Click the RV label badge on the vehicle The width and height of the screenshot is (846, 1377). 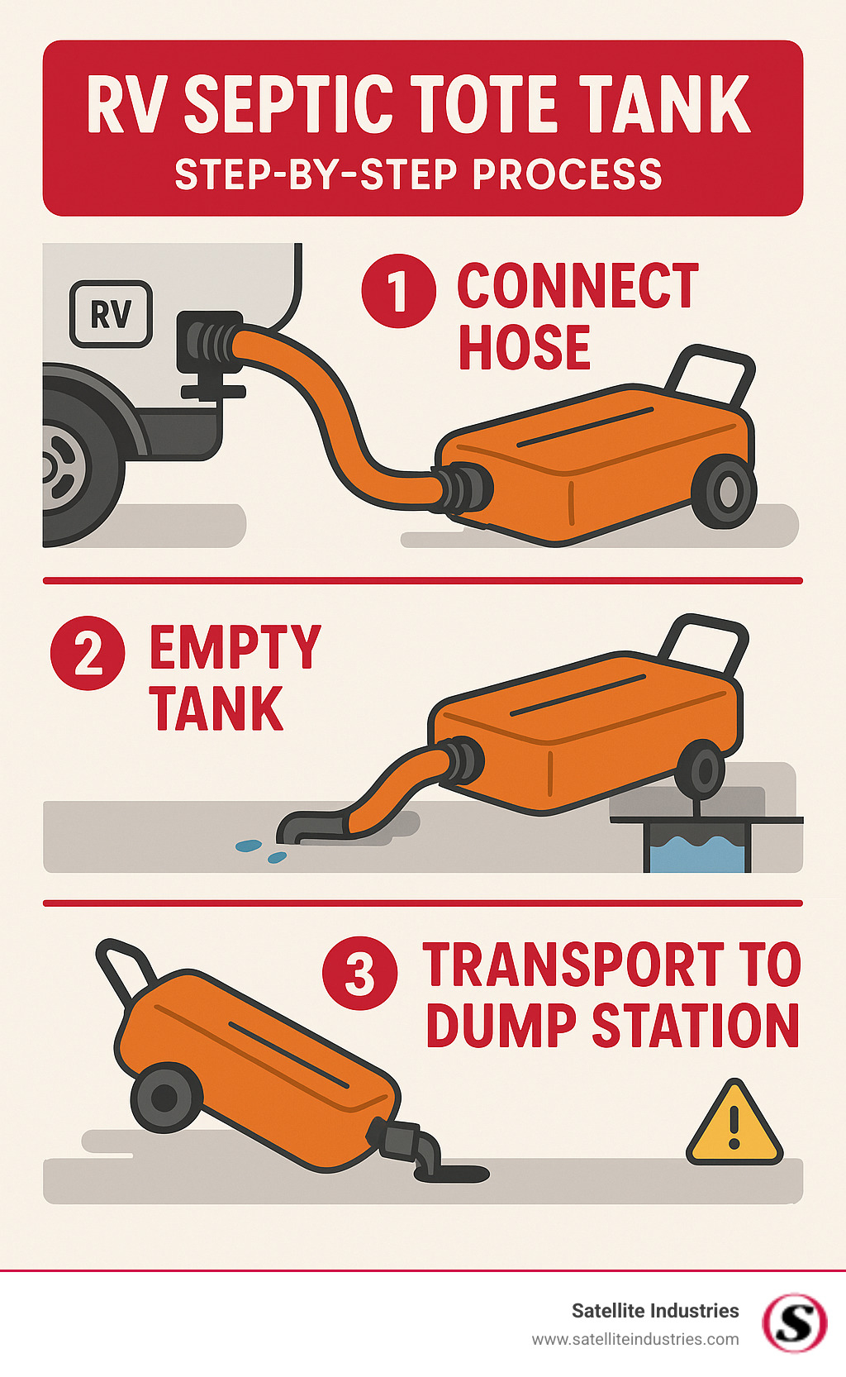[x=112, y=314]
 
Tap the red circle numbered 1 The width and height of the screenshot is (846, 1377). [x=398, y=291]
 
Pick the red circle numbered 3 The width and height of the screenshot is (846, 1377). [x=359, y=973]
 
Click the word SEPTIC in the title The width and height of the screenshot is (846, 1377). [x=288, y=105]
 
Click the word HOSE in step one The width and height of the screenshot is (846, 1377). [x=524, y=347]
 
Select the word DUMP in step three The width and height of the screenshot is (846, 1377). [x=501, y=1026]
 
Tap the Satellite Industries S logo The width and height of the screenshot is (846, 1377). [x=794, y=1322]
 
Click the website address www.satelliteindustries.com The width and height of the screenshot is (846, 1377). [x=634, y=1339]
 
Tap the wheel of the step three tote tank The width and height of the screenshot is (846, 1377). [x=165, y=1098]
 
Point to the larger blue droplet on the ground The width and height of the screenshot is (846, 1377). [x=249, y=846]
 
